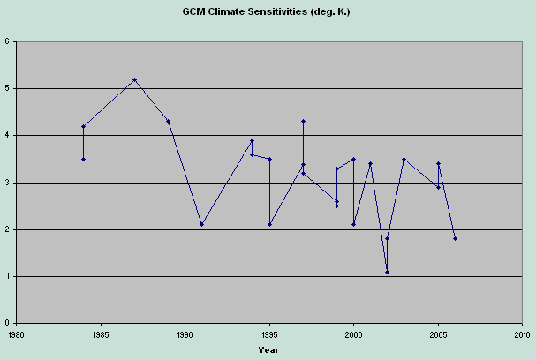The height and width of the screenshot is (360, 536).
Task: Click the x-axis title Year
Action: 268,349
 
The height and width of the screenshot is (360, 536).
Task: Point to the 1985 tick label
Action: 101,335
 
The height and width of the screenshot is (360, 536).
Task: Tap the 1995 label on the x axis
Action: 269,335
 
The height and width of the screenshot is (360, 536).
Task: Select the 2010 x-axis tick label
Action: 522,335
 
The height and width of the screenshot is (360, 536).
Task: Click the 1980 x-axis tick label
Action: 17,335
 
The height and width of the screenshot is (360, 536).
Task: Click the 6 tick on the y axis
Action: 7,41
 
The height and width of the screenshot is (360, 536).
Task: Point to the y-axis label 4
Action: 7,136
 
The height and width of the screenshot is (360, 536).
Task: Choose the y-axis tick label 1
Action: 7,277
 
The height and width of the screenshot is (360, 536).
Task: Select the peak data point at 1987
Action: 134,79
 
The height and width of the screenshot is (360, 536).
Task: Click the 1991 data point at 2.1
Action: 201,225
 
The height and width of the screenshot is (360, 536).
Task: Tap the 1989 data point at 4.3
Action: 168,122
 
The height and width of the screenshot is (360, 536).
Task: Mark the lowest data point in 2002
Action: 387,272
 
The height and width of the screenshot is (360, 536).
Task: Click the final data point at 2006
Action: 455,239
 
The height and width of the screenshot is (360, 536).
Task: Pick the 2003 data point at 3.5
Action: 404,159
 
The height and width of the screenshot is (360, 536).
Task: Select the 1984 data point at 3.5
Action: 83,159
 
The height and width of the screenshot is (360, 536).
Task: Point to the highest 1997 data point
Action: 303,122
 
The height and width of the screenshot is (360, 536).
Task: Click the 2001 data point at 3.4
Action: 370,163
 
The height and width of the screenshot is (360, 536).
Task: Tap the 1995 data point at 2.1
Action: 269,225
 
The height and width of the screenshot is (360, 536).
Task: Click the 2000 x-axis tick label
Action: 353,335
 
